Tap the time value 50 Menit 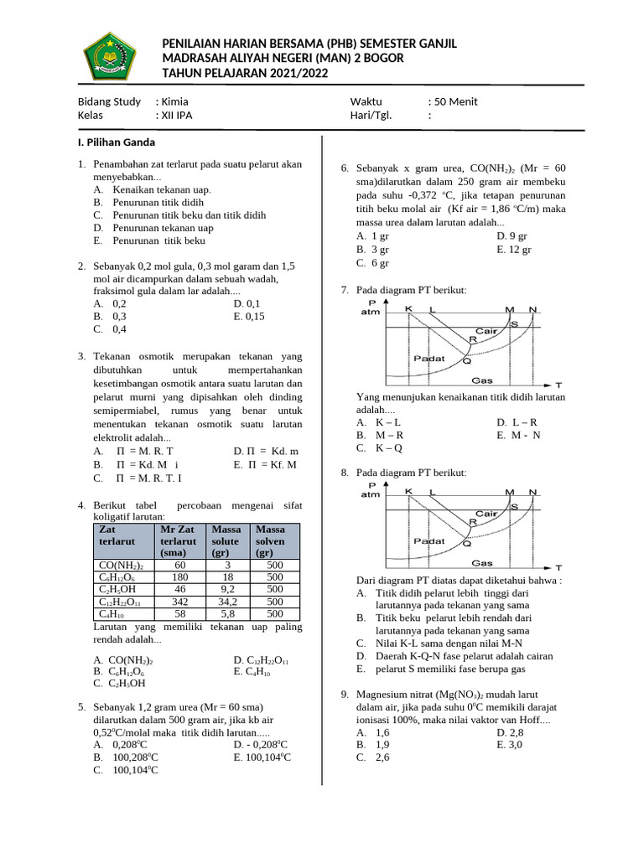pos(456,101)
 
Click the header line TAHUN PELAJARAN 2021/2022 pos(245,74)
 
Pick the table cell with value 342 pos(179,602)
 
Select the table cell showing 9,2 pos(227,589)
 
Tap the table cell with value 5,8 pos(227,614)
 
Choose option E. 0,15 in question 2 pos(249,317)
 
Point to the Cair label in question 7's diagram pos(487,331)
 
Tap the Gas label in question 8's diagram pos(481,562)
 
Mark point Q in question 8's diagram pos(467,544)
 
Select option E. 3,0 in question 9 pos(509,744)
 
